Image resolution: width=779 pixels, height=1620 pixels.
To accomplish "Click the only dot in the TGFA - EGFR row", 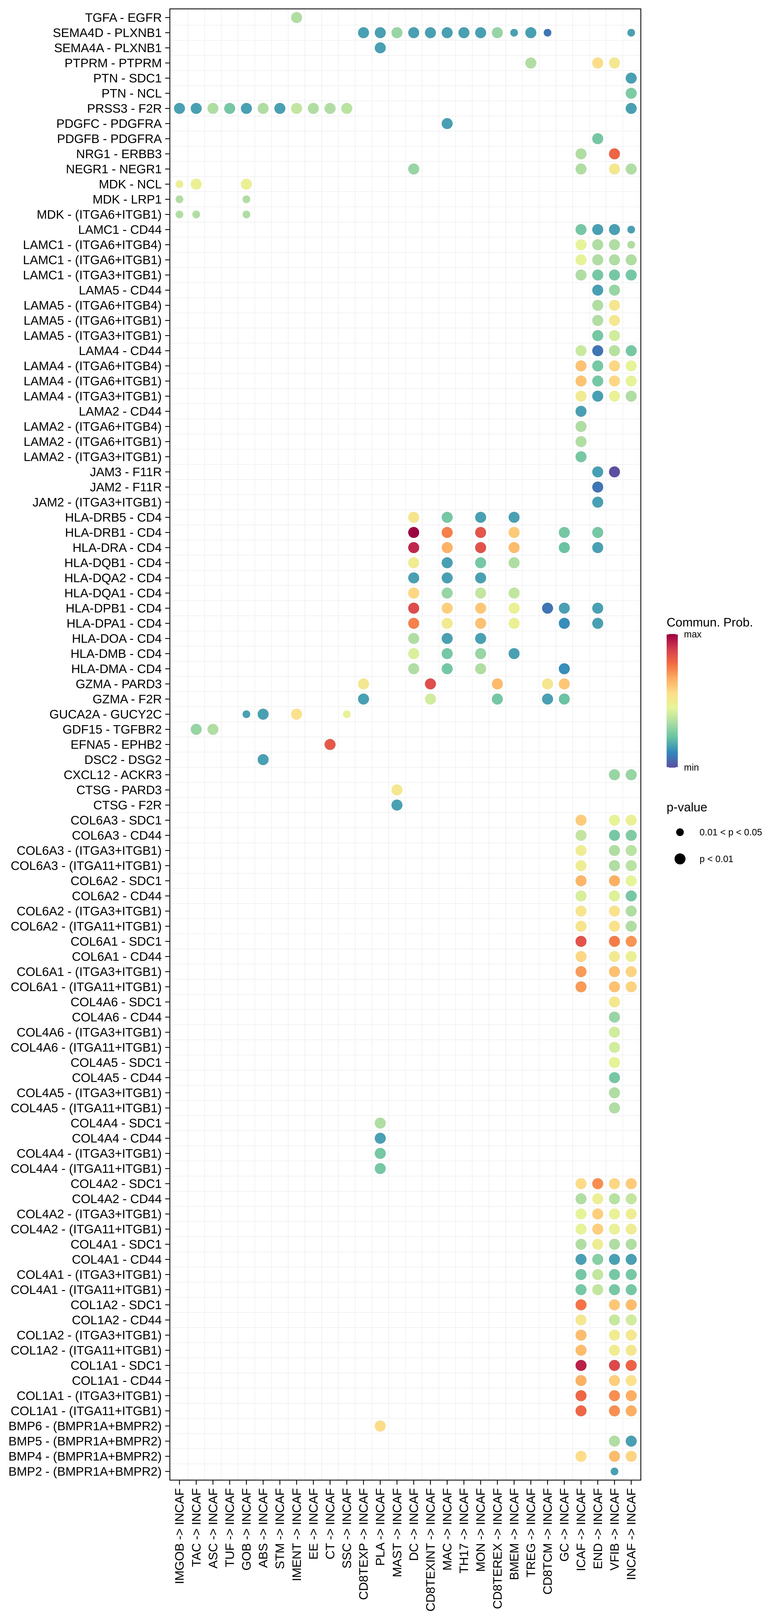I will [x=296, y=18].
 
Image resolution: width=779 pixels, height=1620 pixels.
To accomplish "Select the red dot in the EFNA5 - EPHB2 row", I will [x=329, y=745].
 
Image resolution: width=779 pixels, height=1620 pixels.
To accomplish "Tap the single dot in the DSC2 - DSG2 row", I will [x=263, y=760].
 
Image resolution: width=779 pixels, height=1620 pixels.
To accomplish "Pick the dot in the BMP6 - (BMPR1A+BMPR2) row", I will [x=380, y=1426].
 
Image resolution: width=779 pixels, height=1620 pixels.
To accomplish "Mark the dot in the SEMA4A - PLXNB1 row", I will [x=380, y=48].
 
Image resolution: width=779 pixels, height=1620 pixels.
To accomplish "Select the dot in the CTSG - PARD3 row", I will [x=397, y=790].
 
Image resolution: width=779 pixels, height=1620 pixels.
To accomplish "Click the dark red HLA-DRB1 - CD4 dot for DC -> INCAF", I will [x=413, y=533].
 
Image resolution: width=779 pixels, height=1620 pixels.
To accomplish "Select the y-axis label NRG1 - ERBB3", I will [x=119, y=154].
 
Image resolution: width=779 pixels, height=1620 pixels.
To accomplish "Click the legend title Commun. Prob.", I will [x=709, y=623].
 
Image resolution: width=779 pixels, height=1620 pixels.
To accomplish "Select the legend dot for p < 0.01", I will [x=680, y=859].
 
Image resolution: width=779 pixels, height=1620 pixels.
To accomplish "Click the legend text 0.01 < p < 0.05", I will [x=730, y=833].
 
